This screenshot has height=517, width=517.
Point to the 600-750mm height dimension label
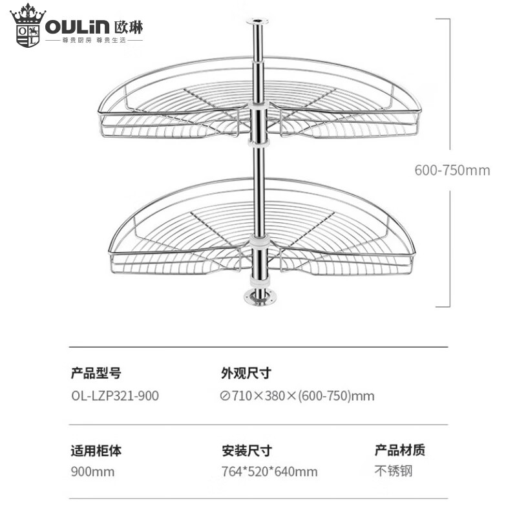point(452,171)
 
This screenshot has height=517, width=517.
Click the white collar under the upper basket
point(258,144)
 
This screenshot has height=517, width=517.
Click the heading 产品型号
point(96,373)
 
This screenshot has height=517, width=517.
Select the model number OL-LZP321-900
point(114,396)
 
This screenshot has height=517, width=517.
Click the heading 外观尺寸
point(246,373)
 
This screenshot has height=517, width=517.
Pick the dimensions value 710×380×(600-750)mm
point(297,396)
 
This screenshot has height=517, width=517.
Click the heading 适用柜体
point(96,450)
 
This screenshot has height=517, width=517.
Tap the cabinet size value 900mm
point(92,472)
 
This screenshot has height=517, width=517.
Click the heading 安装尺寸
point(246,450)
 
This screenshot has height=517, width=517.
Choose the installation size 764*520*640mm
point(269,472)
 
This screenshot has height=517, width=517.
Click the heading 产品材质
point(400,450)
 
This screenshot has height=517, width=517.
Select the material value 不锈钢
point(393,470)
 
